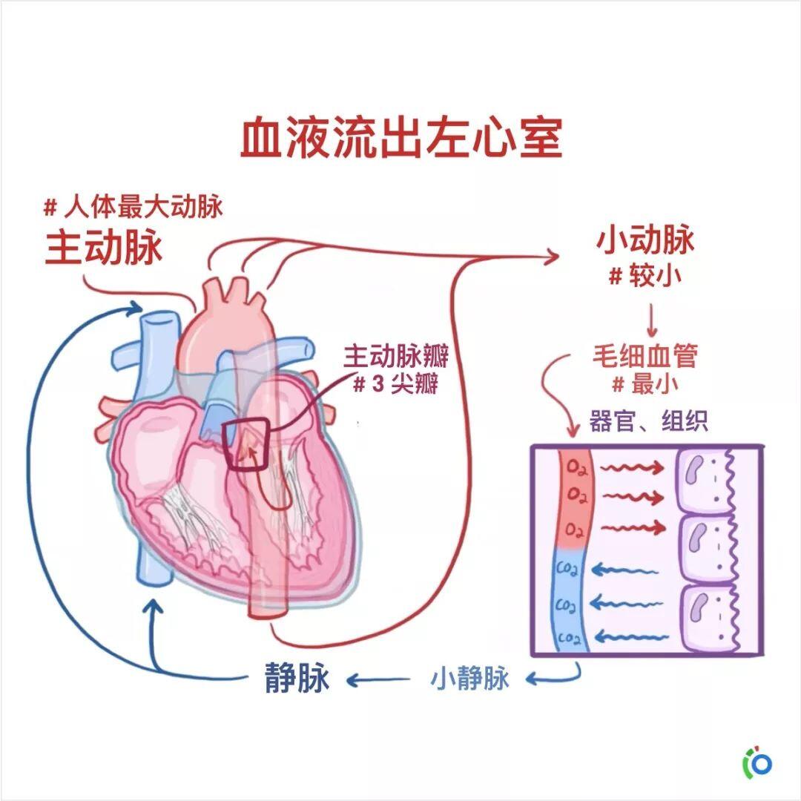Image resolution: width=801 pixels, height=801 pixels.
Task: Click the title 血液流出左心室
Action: tap(401, 138)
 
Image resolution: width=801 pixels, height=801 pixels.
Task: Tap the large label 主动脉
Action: tap(104, 248)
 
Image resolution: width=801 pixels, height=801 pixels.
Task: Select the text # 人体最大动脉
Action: tap(133, 207)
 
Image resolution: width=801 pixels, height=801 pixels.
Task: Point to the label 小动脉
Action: tap(645, 240)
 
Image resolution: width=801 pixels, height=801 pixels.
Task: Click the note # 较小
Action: tap(645, 277)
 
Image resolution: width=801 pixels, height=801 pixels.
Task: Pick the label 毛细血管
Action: tap(645, 355)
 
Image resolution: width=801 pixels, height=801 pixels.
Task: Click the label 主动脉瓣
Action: tap(395, 356)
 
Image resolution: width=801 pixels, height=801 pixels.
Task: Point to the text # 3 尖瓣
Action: tap(395, 383)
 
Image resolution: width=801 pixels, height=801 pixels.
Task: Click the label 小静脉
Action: tap(470, 679)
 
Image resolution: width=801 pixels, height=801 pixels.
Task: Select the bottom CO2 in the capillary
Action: tap(569, 638)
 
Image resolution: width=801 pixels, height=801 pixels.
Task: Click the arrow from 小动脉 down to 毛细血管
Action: tap(652, 320)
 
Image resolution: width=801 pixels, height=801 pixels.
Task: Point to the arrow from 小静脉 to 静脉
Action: tap(378, 680)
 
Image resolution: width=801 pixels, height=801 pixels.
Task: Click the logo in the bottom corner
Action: tap(757, 764)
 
